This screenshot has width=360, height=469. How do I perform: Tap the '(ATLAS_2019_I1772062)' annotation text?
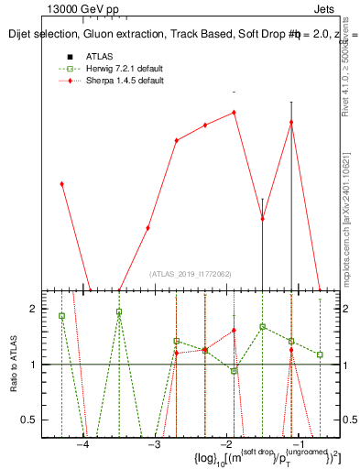point(191,273)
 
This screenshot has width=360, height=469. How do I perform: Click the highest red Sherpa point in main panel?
point(235,113)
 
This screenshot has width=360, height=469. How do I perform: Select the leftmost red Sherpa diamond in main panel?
point(61,184)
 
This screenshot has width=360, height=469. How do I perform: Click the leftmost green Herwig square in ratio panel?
point(61,316)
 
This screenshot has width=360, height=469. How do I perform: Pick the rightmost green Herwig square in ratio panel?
point(320,354)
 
